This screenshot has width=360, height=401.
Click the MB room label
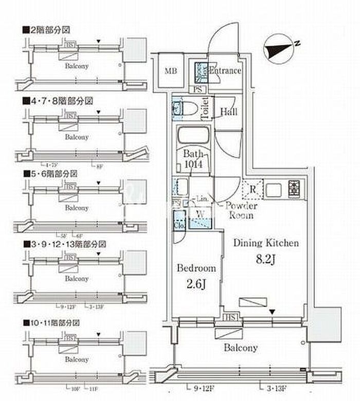click(171, 71)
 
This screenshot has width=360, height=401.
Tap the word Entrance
click(225, 71)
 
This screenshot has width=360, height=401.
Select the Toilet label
click(205, 108)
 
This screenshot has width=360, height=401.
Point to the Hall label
click(228, 112)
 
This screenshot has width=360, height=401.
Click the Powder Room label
click(241, 211)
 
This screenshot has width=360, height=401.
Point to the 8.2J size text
click(266, 260)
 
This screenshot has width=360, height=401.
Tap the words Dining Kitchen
click(266, 243)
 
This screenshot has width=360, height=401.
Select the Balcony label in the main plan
click(240, 348)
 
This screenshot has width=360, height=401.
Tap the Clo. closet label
click(179, 225)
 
